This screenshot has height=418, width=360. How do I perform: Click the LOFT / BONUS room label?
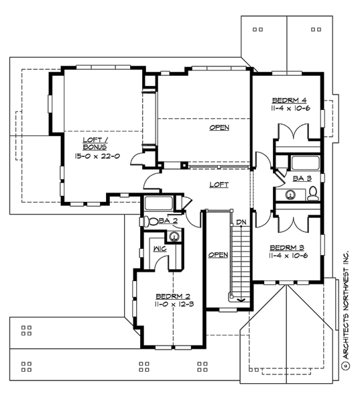(94, 143)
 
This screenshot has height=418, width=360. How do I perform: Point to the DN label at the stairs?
(240, 221)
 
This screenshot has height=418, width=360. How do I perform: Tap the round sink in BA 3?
(291, 195)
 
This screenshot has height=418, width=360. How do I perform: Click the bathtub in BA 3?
(306, 163)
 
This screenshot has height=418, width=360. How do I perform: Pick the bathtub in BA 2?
(160, 204)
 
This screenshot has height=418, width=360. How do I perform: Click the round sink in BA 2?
(174, 236)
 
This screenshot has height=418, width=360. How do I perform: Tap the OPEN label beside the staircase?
(218, 255)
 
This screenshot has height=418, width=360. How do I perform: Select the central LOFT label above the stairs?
(219, 184)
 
